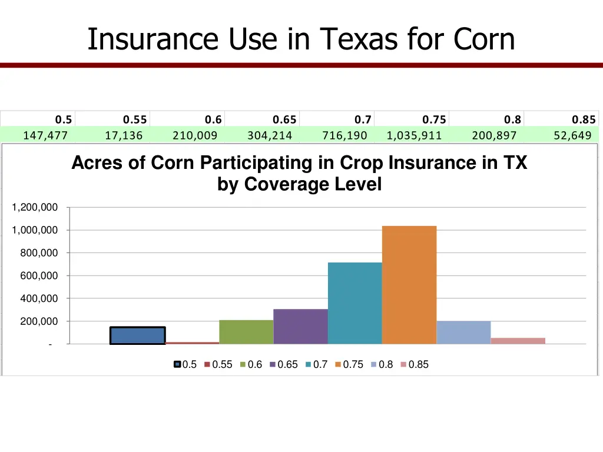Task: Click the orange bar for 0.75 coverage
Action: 409,285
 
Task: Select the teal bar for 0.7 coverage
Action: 354,303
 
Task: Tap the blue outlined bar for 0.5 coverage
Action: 137,335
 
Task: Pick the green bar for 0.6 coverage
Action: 246,332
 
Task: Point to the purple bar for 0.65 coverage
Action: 300,326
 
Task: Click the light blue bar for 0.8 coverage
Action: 463,333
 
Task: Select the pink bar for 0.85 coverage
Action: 518,341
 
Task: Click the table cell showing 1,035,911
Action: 414,136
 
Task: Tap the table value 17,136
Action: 124,136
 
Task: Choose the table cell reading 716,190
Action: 344,136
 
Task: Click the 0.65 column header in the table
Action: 286,120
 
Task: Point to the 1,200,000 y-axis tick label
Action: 35,207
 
